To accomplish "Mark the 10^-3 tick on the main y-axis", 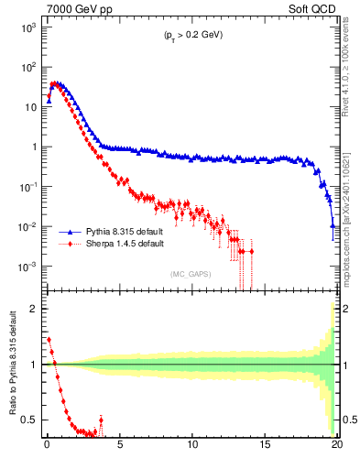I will point(28,267).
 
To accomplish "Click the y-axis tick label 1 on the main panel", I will point(34,147).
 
